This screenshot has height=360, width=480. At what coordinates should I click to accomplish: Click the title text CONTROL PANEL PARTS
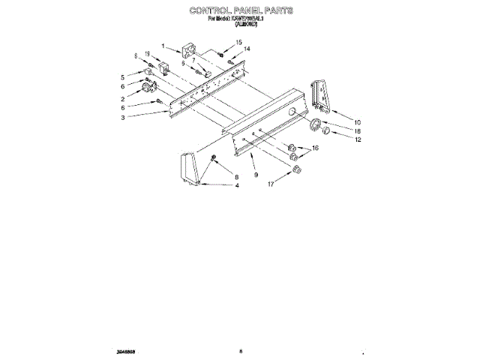point(241,11)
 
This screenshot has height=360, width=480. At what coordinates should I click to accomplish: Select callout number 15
point(239,43)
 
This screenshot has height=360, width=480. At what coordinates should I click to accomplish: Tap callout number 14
point(247,49)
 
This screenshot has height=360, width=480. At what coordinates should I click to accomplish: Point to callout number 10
point(358,121)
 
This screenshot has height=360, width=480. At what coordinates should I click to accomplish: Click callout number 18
point(358,130)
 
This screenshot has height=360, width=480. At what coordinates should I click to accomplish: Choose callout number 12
point(358,139)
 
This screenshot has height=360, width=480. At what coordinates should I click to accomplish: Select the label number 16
point(315,148)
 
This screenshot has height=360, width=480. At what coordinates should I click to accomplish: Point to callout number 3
point(122,118)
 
